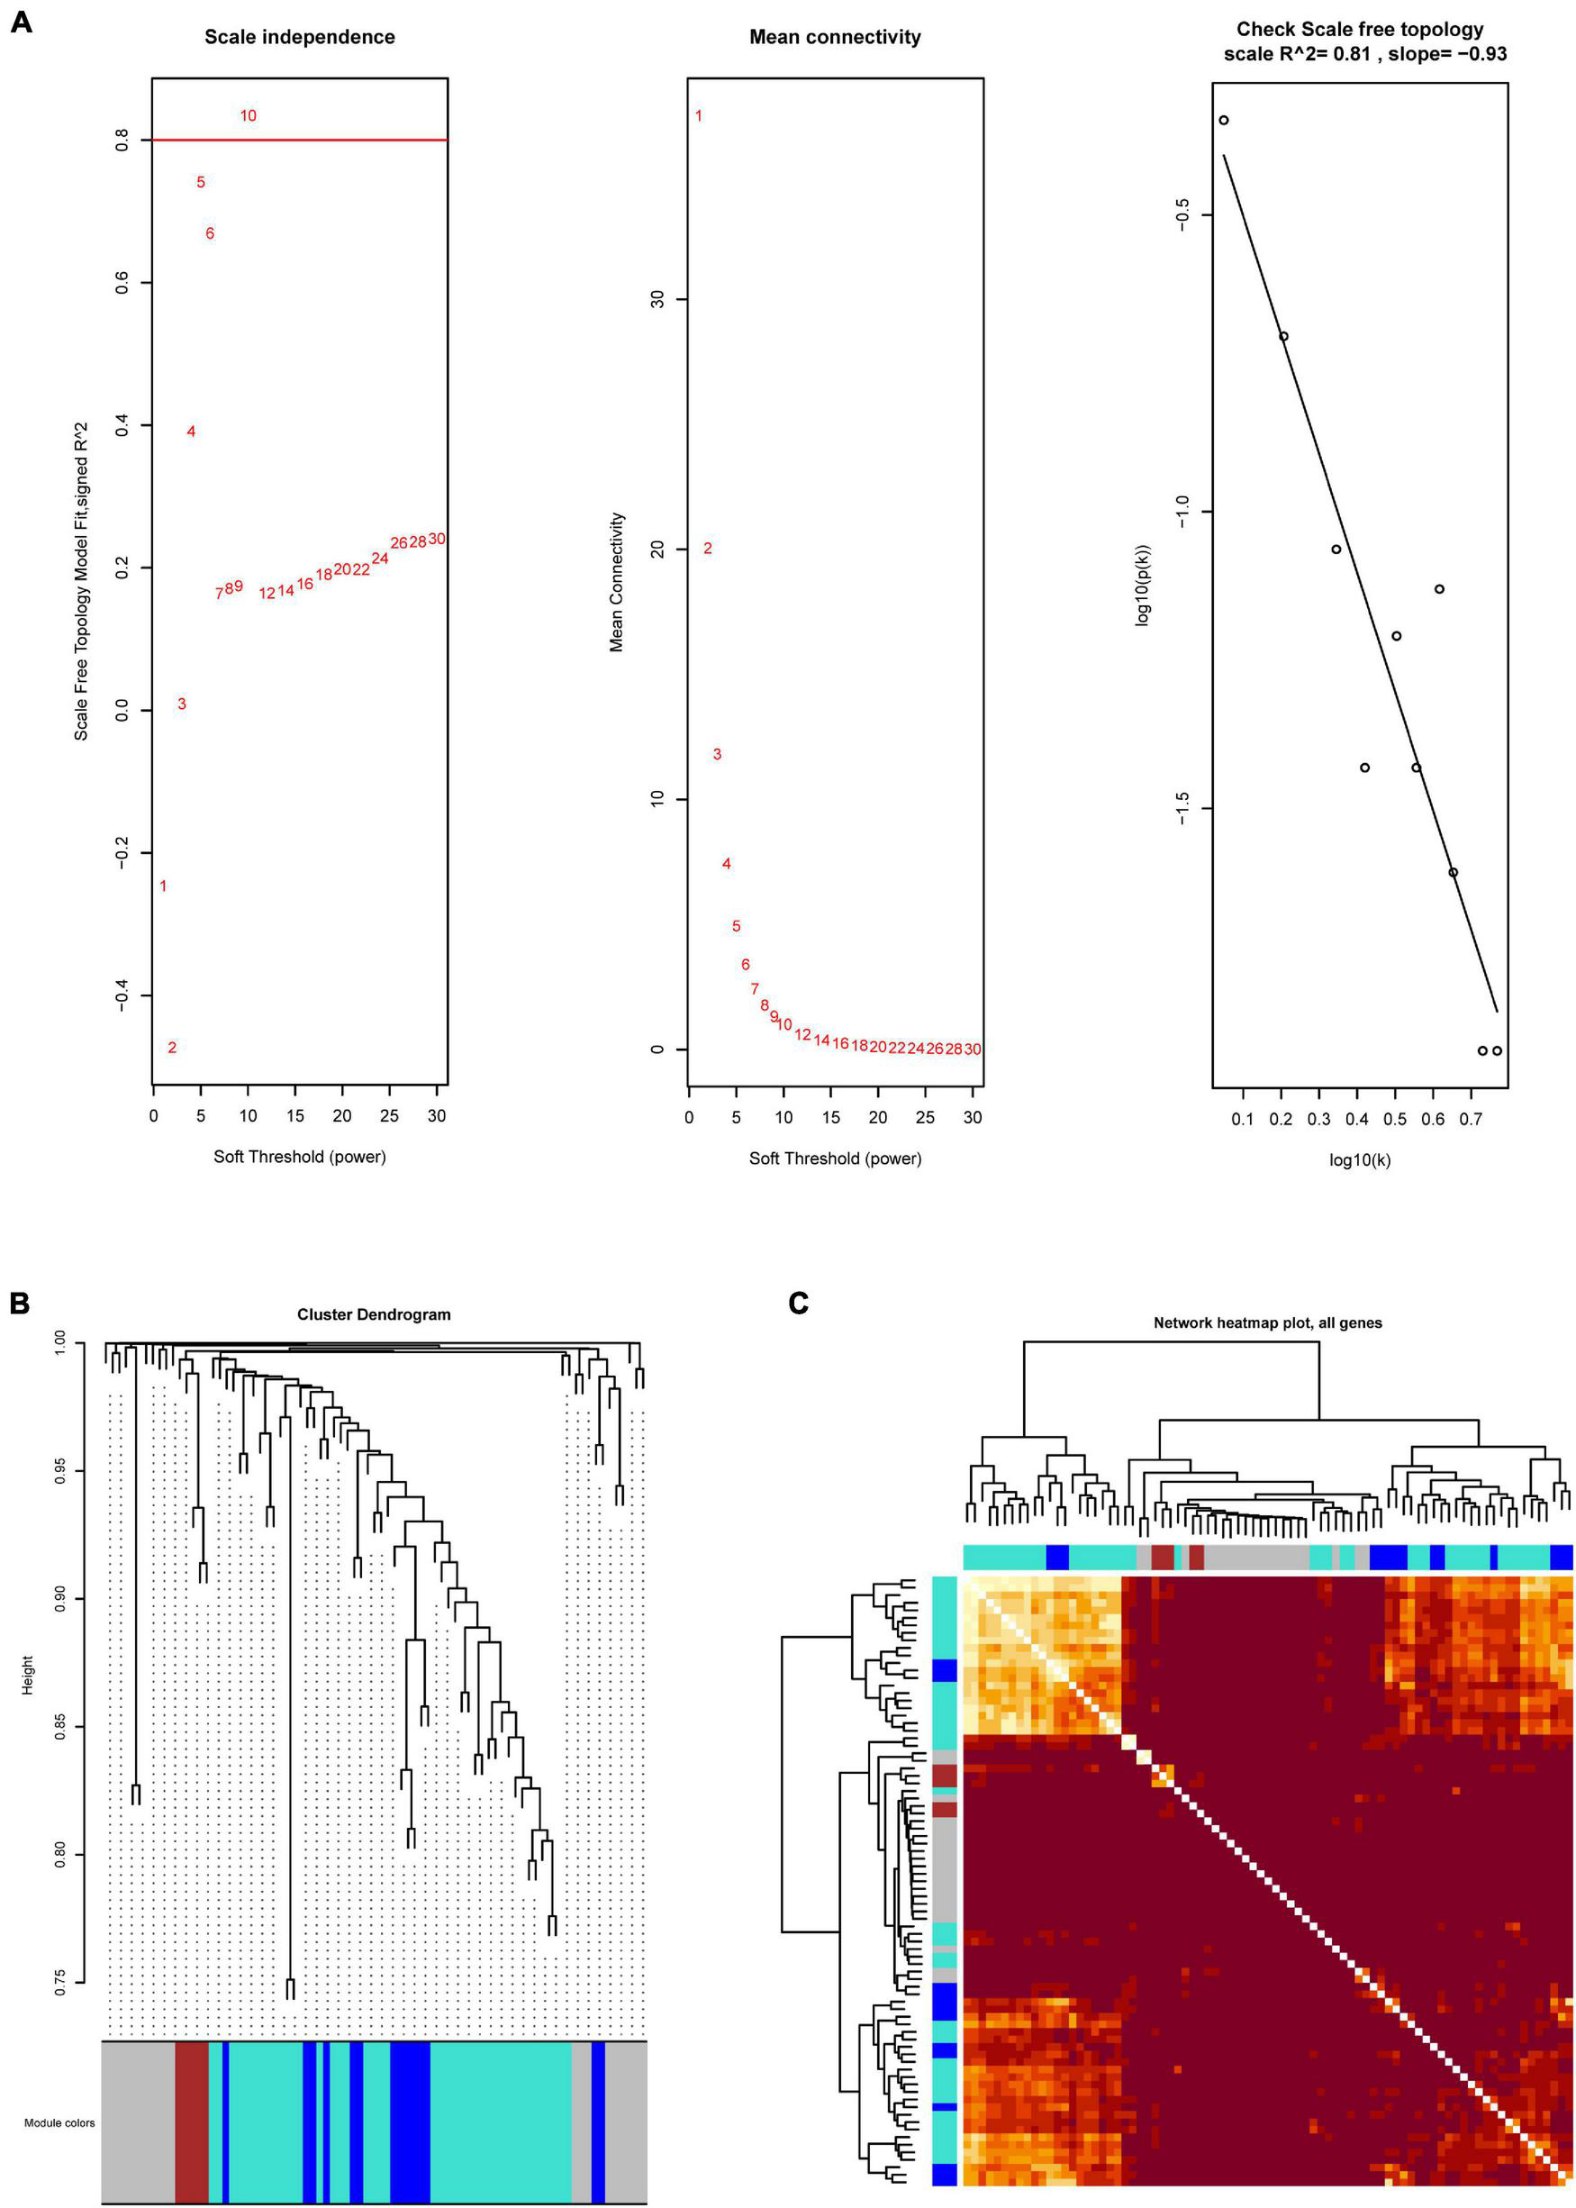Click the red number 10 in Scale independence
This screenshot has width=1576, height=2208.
[x=249, y=115]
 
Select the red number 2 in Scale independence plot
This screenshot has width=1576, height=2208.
[x=172, y=1047]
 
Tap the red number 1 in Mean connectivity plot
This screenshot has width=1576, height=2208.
[x=699, y=115]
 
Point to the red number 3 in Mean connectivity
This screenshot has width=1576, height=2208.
[x=717, y=754]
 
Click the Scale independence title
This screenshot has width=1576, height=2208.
[x=299, y=37]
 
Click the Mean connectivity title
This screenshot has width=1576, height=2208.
[x=835, y=37]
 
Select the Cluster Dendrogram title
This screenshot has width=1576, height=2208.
[x=374, y=1314]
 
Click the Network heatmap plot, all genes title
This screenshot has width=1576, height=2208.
[x=1267, y=1322]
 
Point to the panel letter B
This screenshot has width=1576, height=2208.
[x=20, y=1304]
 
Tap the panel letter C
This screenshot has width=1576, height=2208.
[x=799, y=1304]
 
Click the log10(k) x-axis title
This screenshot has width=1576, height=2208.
[x=1360, y=1159]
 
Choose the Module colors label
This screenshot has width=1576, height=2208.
[x=59, y=2122]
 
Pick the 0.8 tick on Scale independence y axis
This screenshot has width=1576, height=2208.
[x=122, y=141]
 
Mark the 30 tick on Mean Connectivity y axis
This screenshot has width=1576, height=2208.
[x=658, y=299]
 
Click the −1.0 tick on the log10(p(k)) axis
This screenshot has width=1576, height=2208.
[x=1181, y=512]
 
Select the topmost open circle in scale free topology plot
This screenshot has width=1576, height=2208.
[x=1224, y=121]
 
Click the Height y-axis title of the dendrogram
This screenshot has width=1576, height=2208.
[x=27, y=1676]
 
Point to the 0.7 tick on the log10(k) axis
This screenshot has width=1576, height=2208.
[x=1472, y=1119]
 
